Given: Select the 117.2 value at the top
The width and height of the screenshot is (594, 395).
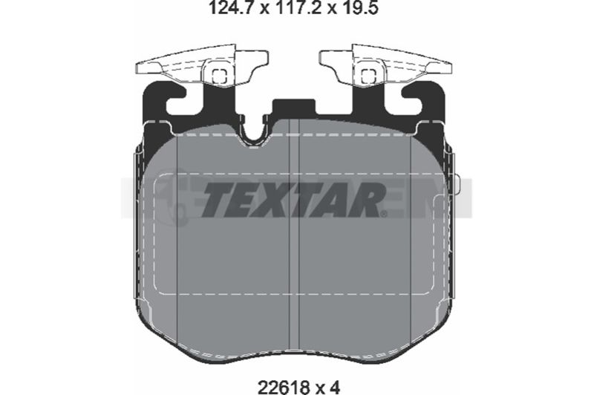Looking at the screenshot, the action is [298, 7].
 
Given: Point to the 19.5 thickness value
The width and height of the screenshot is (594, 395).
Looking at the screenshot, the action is [359, 7].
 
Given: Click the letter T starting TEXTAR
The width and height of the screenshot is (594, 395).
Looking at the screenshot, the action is [219, 200].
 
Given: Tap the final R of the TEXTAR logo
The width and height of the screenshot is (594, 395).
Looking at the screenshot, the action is [364, 200].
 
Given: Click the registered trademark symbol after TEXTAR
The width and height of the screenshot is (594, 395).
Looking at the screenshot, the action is [385, 214].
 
